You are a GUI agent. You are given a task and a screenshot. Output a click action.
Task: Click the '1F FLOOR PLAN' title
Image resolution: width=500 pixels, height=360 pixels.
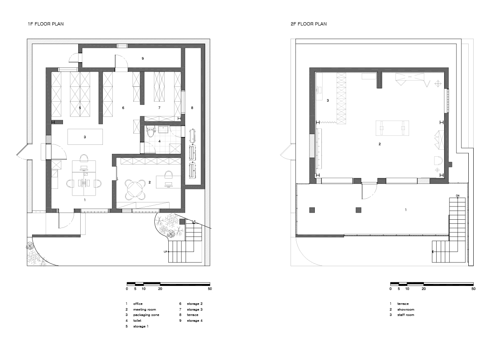46,24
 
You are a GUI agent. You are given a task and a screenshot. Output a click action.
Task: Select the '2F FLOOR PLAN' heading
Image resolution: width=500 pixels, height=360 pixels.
309,24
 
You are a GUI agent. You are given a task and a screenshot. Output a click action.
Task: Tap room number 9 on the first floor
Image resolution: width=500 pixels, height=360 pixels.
143,58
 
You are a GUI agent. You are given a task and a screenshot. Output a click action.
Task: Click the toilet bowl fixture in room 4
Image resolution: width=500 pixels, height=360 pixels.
151,131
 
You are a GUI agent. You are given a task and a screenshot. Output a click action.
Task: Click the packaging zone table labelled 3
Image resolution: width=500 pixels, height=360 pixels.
85,137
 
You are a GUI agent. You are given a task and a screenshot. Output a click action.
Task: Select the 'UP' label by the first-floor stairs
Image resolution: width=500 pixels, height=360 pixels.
165,251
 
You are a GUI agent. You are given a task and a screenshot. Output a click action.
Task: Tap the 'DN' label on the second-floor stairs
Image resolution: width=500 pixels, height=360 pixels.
458,196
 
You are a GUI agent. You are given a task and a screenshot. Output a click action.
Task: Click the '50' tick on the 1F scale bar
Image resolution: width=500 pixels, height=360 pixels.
209,288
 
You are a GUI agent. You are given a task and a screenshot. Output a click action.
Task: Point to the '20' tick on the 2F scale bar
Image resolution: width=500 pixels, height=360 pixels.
423,288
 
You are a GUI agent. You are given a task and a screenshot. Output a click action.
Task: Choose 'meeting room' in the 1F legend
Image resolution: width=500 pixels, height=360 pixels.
144,309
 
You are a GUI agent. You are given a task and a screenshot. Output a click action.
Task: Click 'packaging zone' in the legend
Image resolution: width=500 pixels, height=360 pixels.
146,315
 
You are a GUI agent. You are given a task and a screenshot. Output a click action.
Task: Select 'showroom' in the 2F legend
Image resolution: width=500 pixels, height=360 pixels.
406,309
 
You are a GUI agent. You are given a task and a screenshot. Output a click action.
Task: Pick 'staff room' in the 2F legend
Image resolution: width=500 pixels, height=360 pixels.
406,315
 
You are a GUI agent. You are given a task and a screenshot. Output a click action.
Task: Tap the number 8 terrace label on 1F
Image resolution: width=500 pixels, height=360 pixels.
192,108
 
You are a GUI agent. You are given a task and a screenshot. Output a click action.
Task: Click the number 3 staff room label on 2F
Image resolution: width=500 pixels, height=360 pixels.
328,100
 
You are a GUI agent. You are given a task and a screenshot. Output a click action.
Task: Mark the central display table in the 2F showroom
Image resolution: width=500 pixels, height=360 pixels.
392,128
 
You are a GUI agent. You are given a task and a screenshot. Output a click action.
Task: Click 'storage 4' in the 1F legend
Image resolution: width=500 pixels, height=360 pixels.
195,321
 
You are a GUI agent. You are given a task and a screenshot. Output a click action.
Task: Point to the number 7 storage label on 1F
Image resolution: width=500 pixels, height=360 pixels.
159,108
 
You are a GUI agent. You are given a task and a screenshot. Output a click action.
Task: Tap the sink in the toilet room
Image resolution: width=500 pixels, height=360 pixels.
164,129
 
